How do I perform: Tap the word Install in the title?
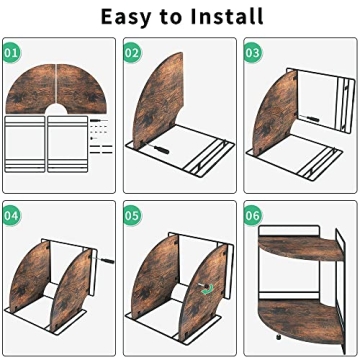pos(222,17)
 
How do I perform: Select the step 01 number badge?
pos(11,51)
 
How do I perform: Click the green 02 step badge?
pos(132,51)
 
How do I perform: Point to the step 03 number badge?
pos(252,51)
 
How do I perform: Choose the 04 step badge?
pos(11,214)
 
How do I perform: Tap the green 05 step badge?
pos(132,214)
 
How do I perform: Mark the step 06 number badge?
pos(252,214)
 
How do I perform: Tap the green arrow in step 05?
pos(207,291)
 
